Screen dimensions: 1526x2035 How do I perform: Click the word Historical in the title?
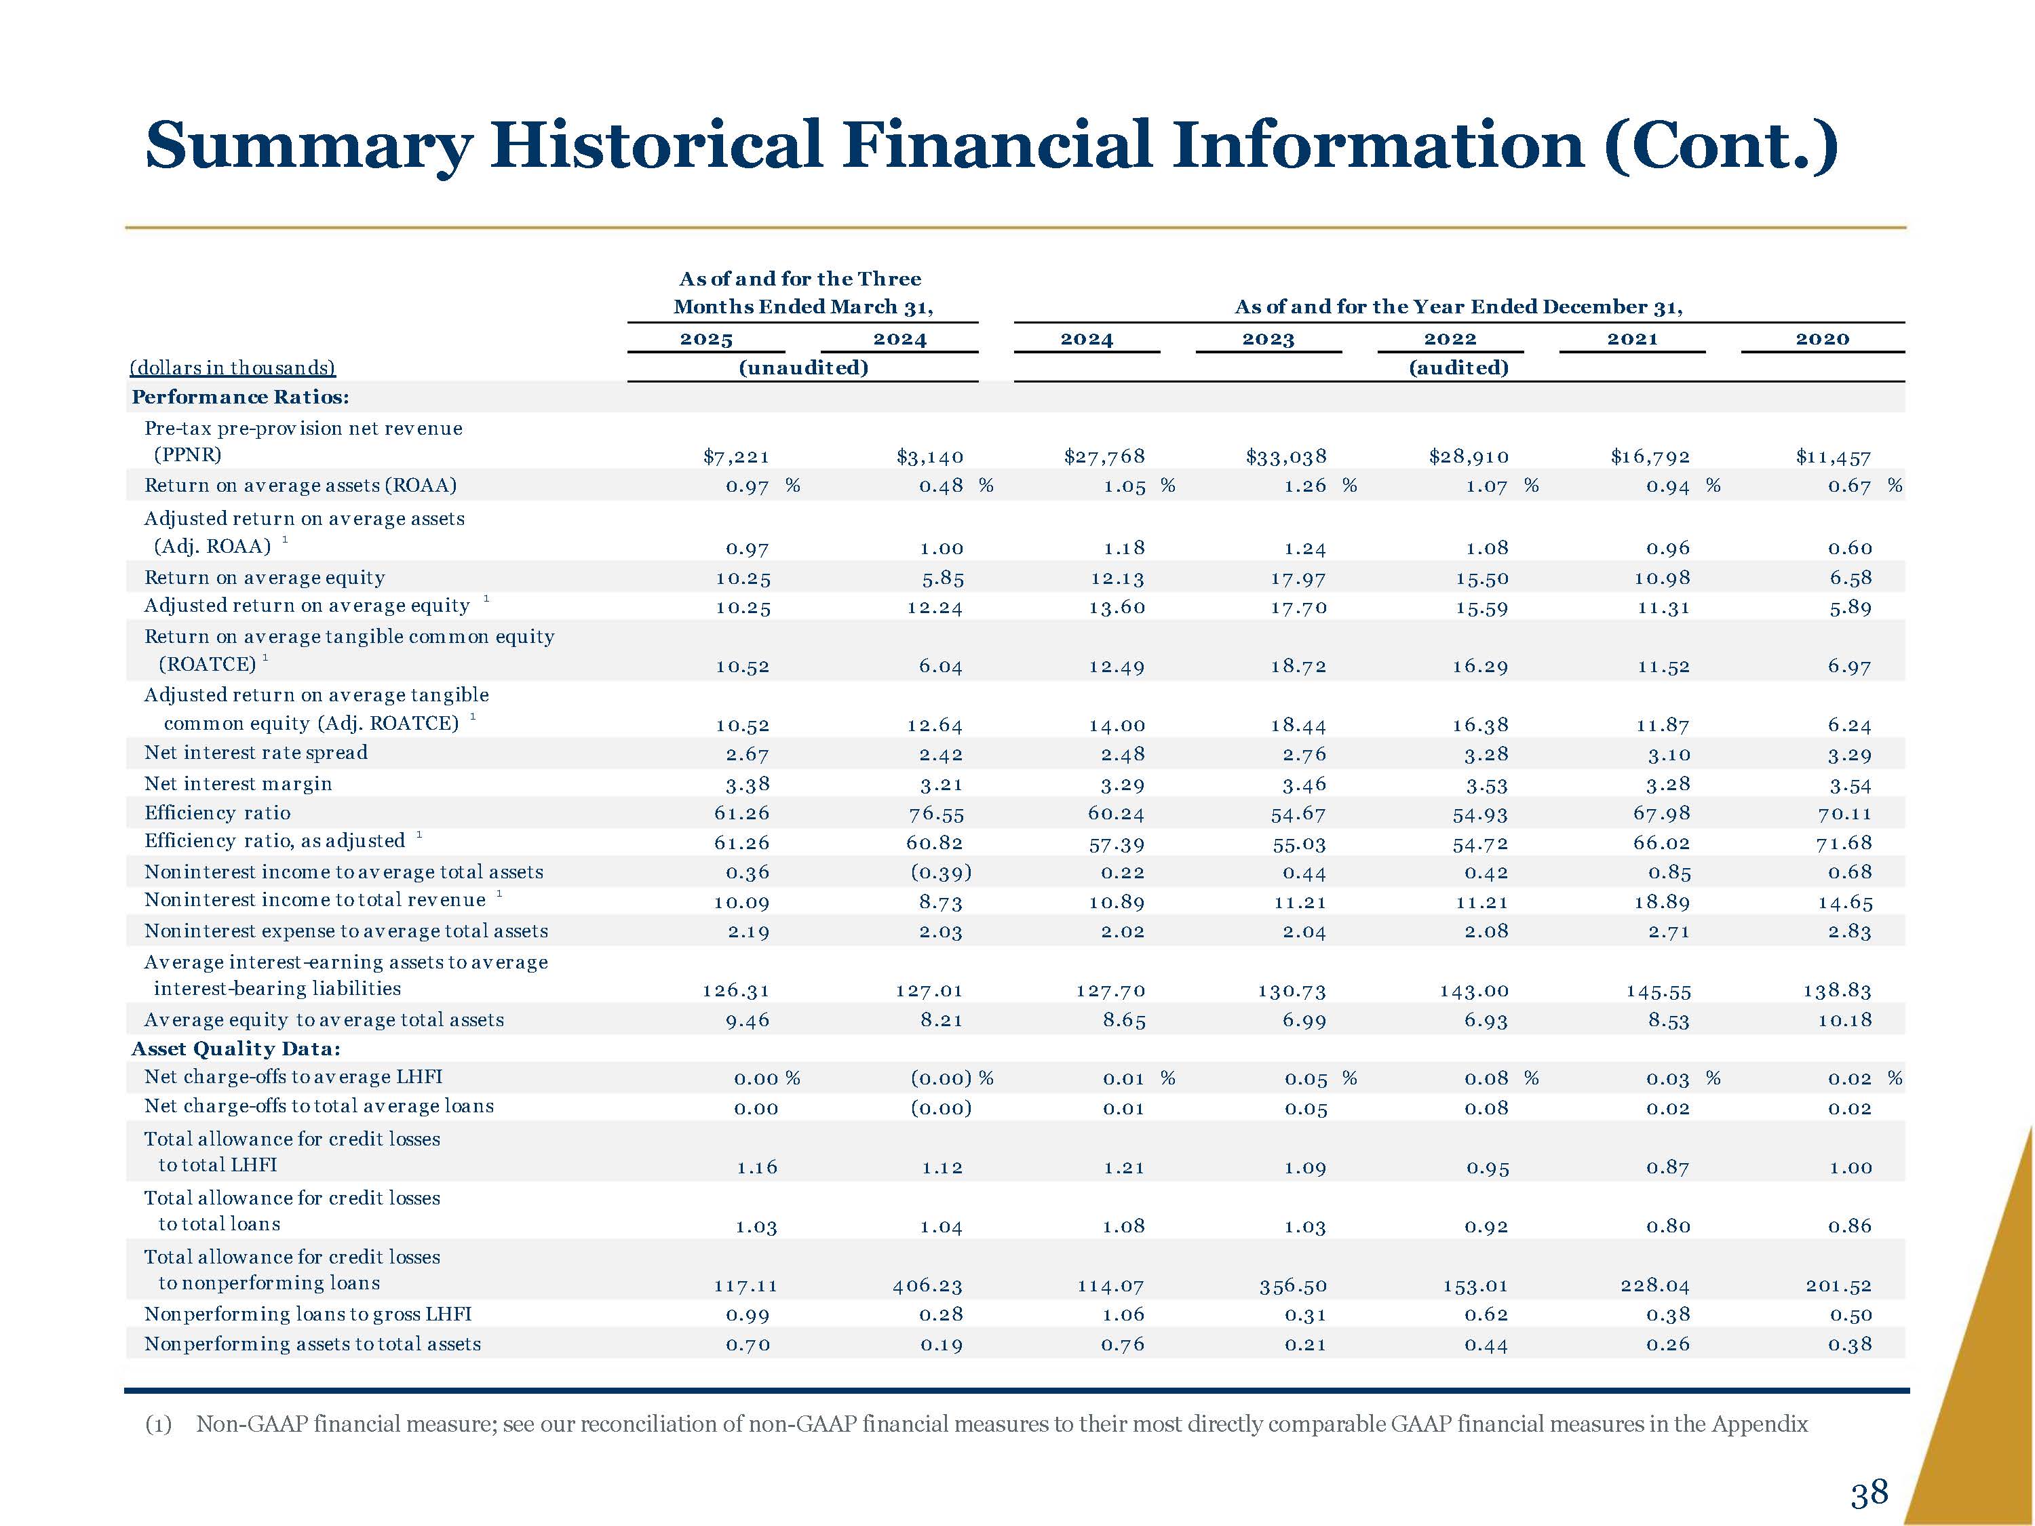(x=656, y=145)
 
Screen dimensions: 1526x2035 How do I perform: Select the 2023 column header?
(x=1268, y=338)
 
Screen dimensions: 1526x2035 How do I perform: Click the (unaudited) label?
(x=803, y=368)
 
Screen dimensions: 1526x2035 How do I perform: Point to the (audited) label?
(x=1459, y=368)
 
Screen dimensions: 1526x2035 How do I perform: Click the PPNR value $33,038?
(x=1286, y=456)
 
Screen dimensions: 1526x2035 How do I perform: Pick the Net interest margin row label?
(x=238, y=784)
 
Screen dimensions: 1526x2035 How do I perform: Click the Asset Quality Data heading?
(x=237, y=1049)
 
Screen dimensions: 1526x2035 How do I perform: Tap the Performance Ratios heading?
(x=240, y=397)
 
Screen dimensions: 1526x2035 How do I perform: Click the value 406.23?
(x=927, y=1286)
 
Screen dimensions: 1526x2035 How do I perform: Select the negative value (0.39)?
(x=941, y=872)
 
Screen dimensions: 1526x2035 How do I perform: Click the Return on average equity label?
(x=265, y=578)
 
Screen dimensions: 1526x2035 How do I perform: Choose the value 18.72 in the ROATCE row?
(x=1298, y=666)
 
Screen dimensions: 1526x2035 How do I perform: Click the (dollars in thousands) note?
(x=233, y=368)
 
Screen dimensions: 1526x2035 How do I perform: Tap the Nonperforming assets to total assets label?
(x=313, y=1344)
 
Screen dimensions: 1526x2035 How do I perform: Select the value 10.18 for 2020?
(x=1844, y=1020)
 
